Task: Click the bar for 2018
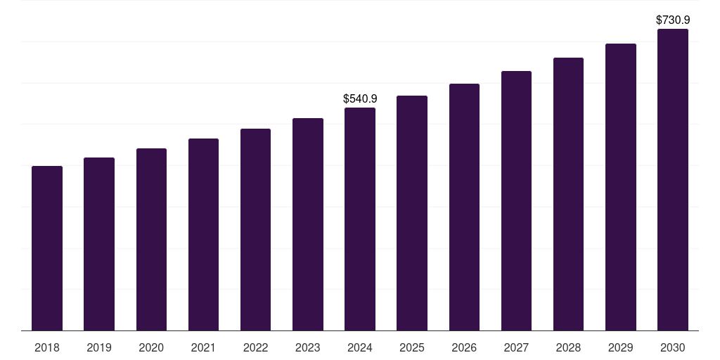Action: click(47, 248)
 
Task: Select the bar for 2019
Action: click(99, 244)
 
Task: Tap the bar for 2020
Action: click(151, 240)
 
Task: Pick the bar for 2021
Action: click(203, 235)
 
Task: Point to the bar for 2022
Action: click(255, 230)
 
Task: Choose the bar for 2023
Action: click(308, 224)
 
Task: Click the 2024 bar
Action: click(360, 219)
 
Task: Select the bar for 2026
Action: click(464, 207)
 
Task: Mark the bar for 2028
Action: click(568, 194)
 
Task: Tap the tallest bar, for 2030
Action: click(673, 180)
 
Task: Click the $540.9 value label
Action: click(360, 99)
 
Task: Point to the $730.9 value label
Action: click(673, 20)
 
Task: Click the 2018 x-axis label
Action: click(47, 347)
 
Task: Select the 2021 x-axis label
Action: click(203, 347)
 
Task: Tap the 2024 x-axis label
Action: click(360, 347)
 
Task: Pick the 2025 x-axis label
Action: click(412, 347)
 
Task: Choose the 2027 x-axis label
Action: click(516, 347)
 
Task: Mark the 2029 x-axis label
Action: click(620, 347)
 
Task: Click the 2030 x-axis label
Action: click(673, 347)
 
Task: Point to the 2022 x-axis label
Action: click(255, 347)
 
